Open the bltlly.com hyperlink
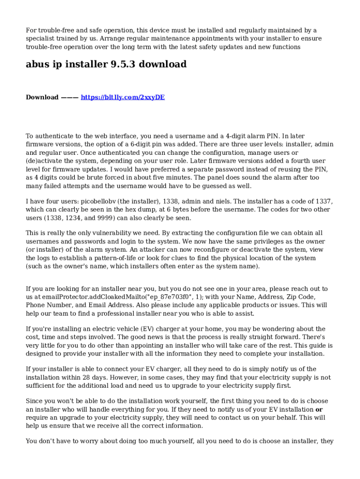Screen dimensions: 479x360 tap(122, 97)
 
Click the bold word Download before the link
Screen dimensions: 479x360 tap(42, 97)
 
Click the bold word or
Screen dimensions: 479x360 tap(319, 409)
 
